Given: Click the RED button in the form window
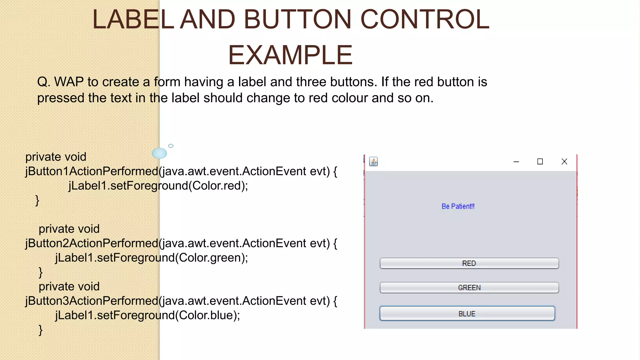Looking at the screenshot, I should pos(469,263).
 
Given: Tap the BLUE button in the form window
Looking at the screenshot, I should pos(467,313).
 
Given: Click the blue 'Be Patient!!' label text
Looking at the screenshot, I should pos(458,206).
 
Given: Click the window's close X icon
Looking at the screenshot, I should pos(564,162).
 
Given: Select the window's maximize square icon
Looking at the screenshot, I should pos(540,162).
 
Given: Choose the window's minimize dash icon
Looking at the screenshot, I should pos(516,162).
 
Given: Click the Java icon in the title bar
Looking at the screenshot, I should pos(373,162).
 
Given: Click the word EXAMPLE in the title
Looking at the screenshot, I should pos(290,55).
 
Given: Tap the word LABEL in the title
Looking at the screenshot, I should pos(133,19).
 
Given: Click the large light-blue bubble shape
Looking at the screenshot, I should pos(159,153).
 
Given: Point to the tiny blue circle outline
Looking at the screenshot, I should pos(171,146).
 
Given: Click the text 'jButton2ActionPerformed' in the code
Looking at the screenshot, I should pos(92,243).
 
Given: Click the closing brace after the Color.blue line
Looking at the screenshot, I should pos(40,330).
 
